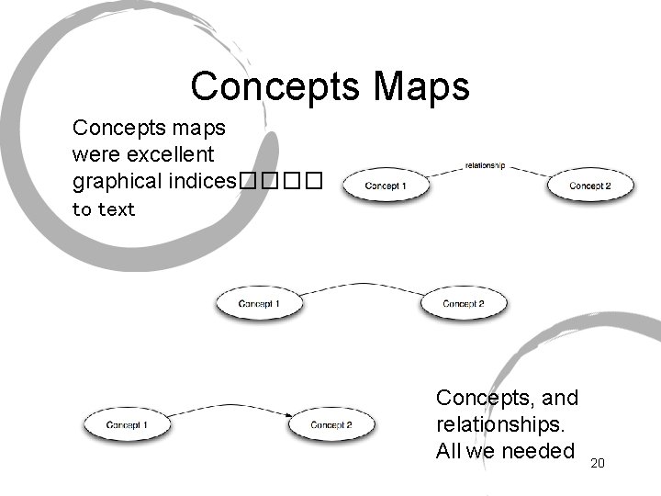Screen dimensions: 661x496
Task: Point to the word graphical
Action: pos(118,181)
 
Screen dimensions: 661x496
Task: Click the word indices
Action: pos(203,180)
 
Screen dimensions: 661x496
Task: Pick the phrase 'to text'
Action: pos(104,209)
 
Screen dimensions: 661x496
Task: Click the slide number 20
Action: pos(598,464)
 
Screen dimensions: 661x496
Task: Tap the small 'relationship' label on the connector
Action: pos(486,166)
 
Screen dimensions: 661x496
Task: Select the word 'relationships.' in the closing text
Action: pos(501,424)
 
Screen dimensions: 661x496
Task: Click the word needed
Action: pos(538,450)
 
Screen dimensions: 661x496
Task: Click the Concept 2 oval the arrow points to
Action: pos(331,425)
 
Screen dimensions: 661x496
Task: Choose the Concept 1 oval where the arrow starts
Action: pos(127,425)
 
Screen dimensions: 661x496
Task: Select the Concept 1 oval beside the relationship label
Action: pos(386,186)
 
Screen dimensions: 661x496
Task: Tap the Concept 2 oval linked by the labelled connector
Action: pos(589,186)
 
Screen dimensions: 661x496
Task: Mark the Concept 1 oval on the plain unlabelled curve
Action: pos(259,304)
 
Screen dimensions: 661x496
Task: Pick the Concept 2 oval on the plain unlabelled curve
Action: pos(464,304)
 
